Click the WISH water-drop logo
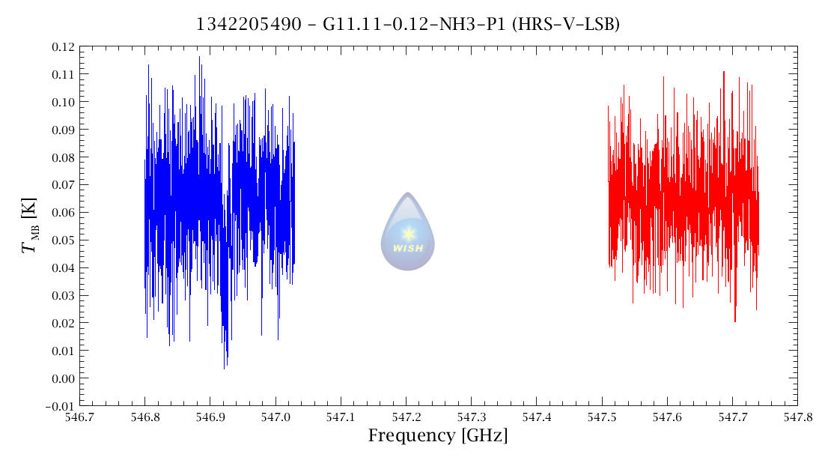[407, 231]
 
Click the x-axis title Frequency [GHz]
[437, 435]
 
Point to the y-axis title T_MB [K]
[31, 226]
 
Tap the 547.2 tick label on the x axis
[406, 416]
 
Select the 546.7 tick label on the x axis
[80, 416]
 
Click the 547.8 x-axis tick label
[796, 416]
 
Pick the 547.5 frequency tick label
[601, 416]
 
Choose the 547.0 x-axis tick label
[275, 416]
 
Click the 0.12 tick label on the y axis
[62, 47]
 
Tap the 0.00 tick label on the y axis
[62, 379]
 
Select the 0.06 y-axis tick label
[62, 213]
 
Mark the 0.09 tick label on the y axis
[62, 130]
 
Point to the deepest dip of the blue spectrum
[224, 367]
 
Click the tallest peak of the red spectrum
[724, 72]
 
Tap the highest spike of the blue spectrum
[199, 56]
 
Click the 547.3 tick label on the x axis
[471, 416]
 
